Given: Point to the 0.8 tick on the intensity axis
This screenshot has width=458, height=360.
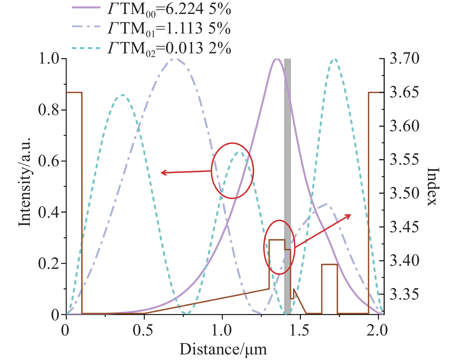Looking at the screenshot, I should [49, 110].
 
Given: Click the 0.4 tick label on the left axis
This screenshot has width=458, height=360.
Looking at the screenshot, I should [49, 212].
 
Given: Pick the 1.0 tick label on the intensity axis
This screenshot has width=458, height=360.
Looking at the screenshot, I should [49, 59].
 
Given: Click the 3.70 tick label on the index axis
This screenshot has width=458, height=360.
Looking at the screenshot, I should [404, 59].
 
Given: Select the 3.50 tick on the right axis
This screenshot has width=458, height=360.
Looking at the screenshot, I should [404, 193].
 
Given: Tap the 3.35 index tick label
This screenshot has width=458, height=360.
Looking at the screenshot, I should [404, 294].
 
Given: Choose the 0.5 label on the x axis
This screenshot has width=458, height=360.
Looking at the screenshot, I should [143, 331].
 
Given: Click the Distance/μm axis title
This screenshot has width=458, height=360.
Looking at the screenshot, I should [223, 349].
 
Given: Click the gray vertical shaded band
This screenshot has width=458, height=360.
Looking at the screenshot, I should [288, 186].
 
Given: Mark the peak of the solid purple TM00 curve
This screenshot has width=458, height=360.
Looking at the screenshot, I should [277, 59].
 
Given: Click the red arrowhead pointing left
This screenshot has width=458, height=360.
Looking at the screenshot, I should [163, 173].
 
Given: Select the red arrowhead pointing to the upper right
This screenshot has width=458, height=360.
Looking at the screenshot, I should [349, 216].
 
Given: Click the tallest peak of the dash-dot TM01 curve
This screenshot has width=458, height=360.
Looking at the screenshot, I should [174, 59].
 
